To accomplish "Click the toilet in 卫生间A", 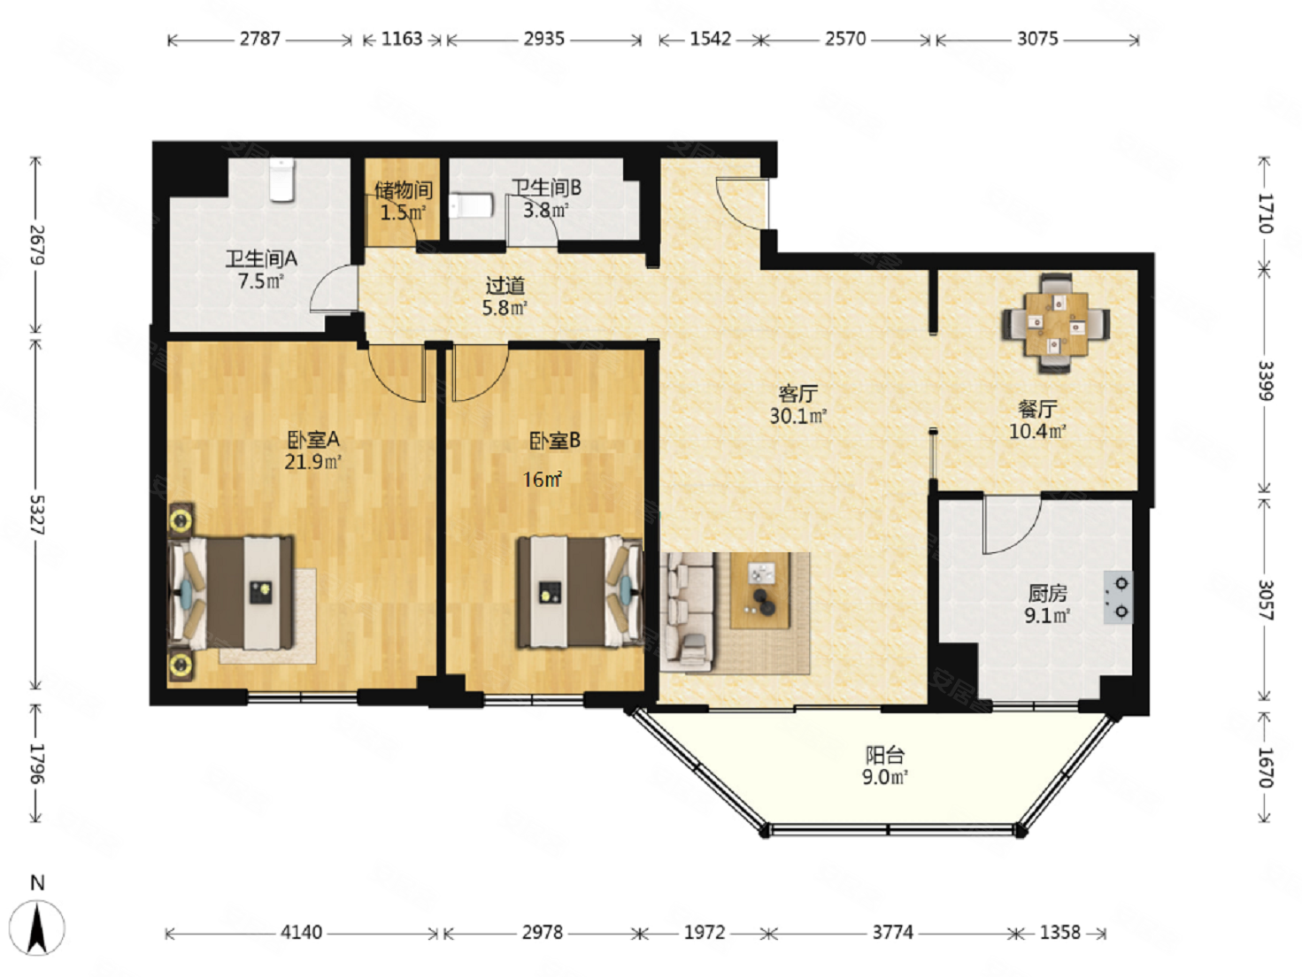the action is (281, 180).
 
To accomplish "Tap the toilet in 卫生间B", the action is (470, 206).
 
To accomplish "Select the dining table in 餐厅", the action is (1056, 324).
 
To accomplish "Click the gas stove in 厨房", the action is (1118, 597).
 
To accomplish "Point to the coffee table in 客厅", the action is (759, 590).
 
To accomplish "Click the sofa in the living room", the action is (688, 612).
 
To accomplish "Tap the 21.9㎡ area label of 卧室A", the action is (312, 462).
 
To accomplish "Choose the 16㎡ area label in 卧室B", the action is (543, 479).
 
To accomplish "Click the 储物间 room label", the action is (404, 190).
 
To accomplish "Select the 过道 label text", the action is (505, 286).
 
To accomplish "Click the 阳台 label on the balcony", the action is (885, 755).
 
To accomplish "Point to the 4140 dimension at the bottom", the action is (301, 933).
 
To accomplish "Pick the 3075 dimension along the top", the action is (1037, 39).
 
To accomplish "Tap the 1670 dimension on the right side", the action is (1264, 767).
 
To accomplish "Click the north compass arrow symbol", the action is (37, 927).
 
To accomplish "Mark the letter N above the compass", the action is (37, 883).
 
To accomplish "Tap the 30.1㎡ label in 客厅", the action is (797, 416).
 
